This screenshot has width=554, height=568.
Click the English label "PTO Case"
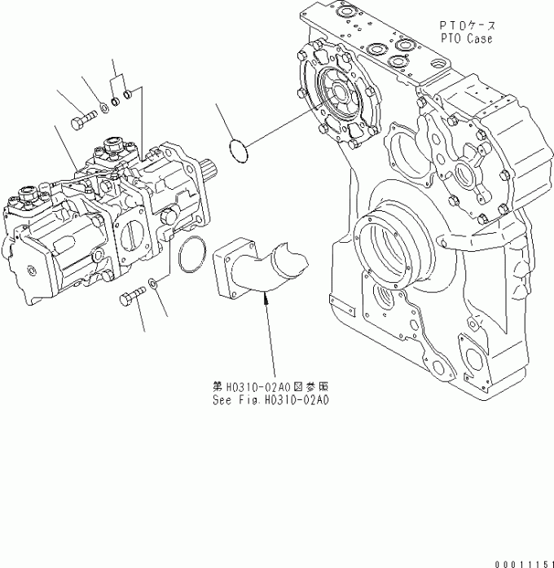[467, 38]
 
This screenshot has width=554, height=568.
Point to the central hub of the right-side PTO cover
[466, 173]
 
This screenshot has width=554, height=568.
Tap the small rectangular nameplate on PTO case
[345, 310]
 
